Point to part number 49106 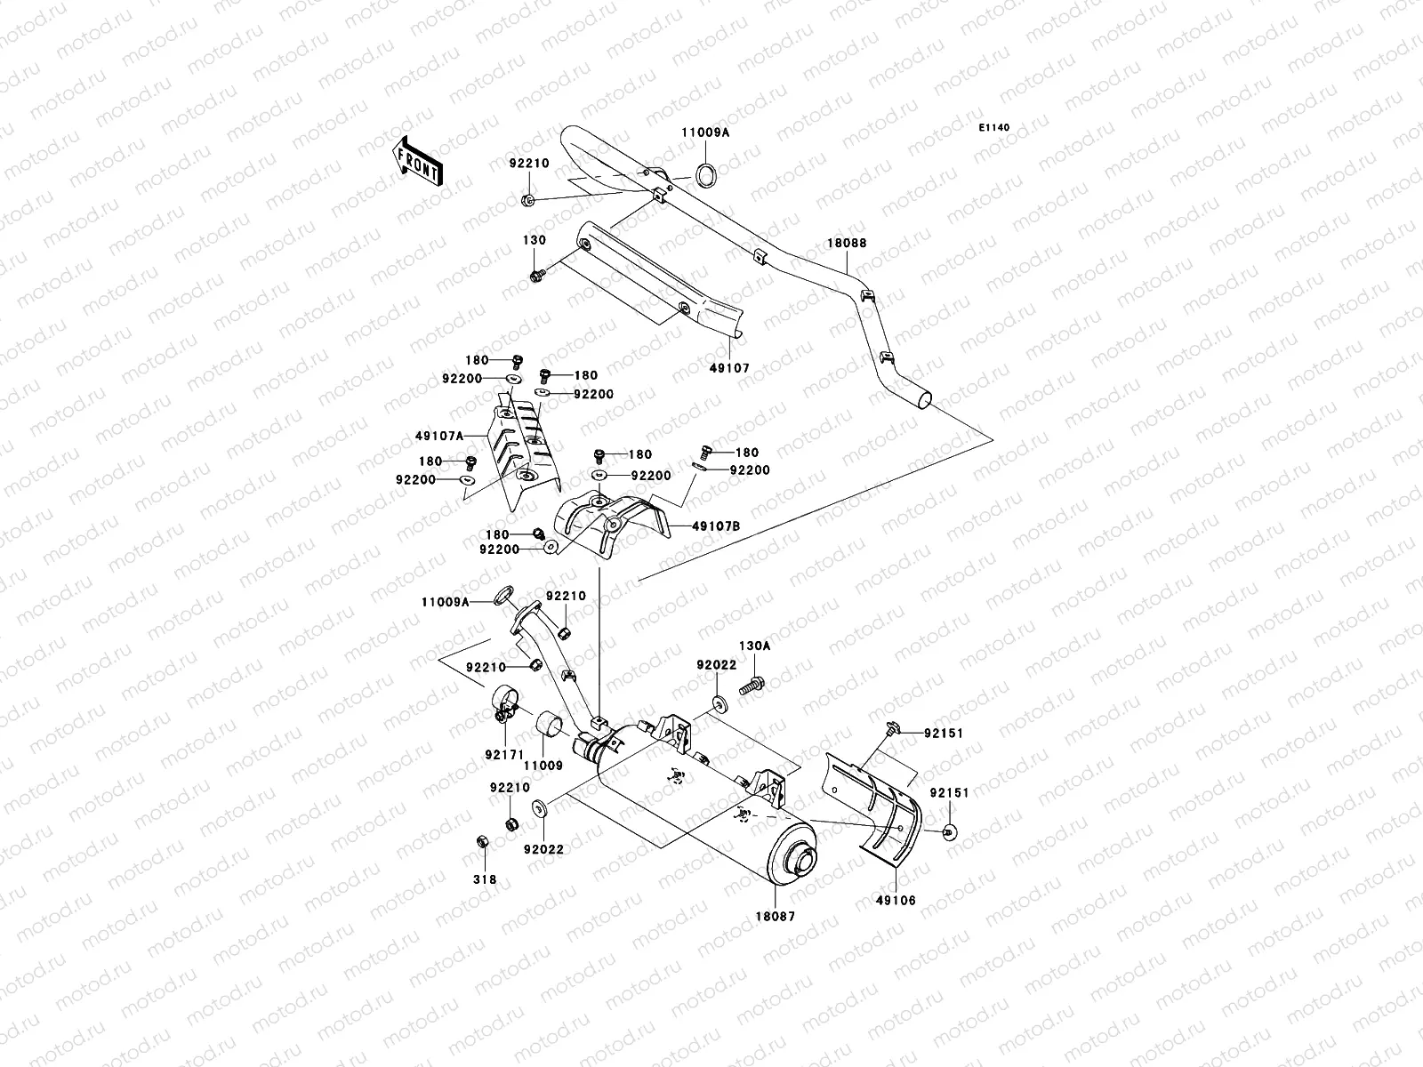(x=896, y=900)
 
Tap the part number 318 (x=484, y=879)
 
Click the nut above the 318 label (x=480, y=840)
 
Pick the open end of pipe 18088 (x=925, y=401)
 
